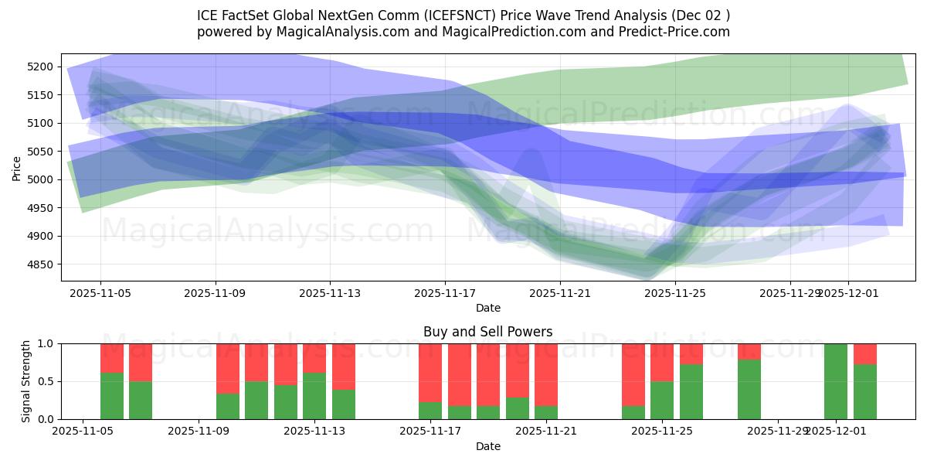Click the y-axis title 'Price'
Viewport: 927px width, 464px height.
pyautogui.click(x=17, y=167)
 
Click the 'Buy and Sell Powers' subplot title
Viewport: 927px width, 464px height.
pyautogui.click(x=487, y=332)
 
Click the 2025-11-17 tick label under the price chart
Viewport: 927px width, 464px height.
pyautogui.click(x=445, y=294)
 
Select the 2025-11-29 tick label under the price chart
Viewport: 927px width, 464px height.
pyautogui.click(x=789, y=294)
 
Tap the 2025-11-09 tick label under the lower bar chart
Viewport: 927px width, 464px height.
pyautogui.click(x=199, y=432)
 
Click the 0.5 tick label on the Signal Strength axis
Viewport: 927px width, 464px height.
pyautogui.click(x=45, y=381)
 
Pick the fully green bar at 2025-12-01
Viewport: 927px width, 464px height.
pyautogui.click(x=836, y=381)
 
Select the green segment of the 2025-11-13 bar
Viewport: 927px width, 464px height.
pyautogui.click(x=314, y=396)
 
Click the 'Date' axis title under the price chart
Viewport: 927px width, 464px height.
pyautogui.click(x=487, y=308)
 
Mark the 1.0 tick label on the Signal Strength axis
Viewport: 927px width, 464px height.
pyautogui.click(x=45, y=343)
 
